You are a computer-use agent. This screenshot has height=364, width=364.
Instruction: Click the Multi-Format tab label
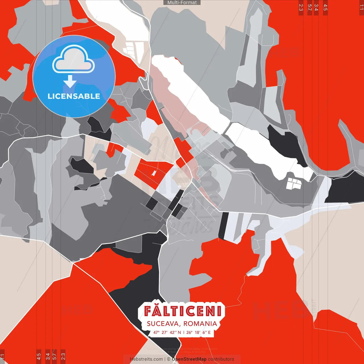[x=182, y=3]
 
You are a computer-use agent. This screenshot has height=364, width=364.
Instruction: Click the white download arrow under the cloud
[x=70, y=82]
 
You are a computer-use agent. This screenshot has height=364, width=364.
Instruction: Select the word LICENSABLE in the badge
[x=74, y=96]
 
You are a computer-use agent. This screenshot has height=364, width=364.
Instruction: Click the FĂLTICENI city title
[x=182, y=311]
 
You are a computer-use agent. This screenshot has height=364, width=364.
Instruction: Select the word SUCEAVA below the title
[x=163, y=324]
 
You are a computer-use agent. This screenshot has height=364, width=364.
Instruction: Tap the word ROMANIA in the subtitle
[x=200, y=324]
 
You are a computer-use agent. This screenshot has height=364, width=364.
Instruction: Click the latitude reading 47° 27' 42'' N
[x=167, y=332]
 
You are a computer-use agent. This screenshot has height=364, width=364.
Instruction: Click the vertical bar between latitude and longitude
[x=184, y=332]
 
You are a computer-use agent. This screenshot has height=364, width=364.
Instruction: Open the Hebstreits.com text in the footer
[x=146, y=359]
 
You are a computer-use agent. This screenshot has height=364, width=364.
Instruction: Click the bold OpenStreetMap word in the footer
[x=189, y=359]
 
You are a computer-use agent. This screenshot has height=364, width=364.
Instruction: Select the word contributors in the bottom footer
[x=221, y=359]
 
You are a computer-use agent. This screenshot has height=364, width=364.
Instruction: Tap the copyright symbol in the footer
[x=169, y=359]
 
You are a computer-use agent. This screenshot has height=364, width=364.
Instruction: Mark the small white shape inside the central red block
[x=154, y=173]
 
